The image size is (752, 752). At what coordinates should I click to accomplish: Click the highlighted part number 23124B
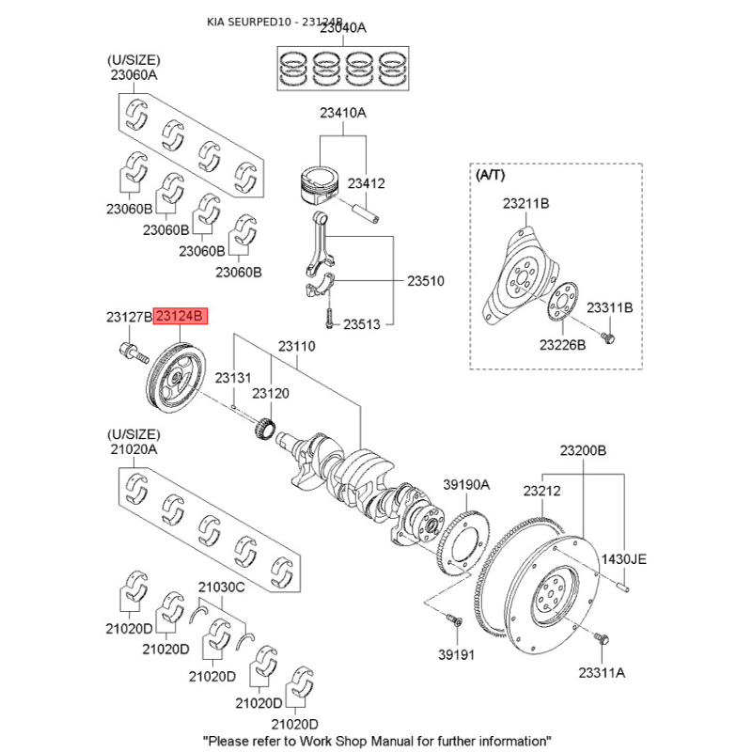[179, 318]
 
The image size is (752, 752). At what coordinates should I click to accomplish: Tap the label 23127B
[129, 318]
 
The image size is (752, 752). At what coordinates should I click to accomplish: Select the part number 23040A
[343, 28]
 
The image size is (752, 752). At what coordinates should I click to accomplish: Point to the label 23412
[367, 184]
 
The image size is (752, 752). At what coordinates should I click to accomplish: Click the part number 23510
[425, 280]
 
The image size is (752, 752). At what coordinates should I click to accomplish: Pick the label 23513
[361, 324]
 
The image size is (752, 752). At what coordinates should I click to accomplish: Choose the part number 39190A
[467, 485]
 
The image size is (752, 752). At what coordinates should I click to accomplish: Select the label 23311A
[602, 673]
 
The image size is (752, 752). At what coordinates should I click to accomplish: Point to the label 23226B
[562, 345]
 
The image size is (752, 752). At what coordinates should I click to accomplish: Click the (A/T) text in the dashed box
[491, 175]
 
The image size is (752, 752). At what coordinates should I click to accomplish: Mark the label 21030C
[221, 587]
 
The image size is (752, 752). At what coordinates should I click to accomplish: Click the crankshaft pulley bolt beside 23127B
[130, 354]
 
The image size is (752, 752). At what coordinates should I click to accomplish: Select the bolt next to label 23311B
[606, 336]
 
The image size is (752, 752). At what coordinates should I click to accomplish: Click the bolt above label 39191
[452, 621]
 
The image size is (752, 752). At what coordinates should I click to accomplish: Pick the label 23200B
[584, 451]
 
